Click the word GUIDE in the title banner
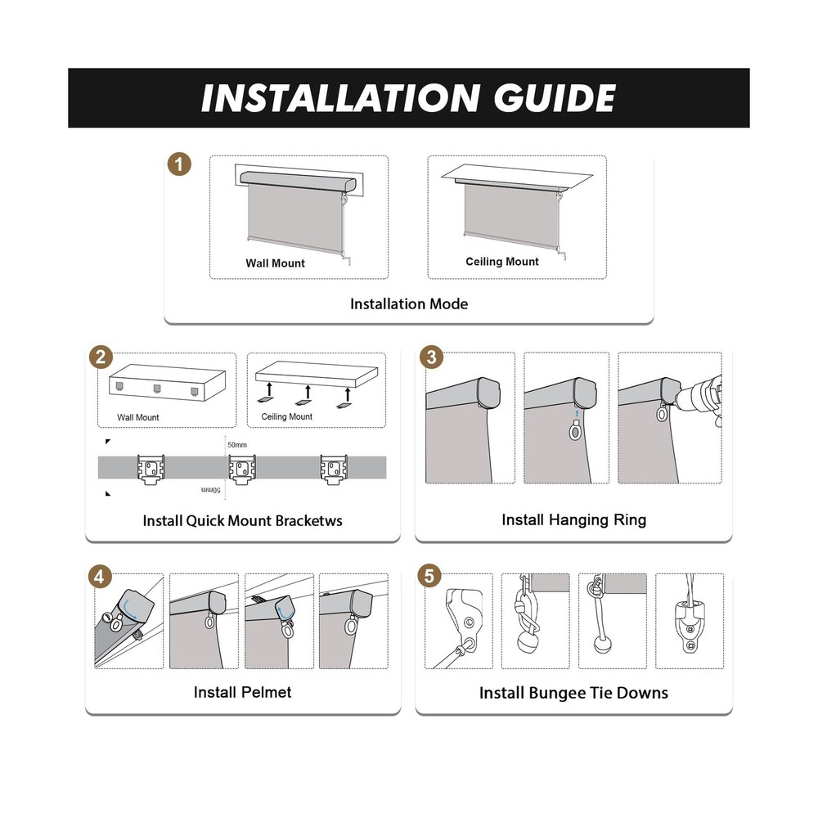[x=555, y=98]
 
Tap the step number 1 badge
[x=179, y=164]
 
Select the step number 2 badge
[x=101, y=357]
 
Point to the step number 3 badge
[x=431, y=357]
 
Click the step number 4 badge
[x=99, y=577]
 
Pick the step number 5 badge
[x=429, y=576]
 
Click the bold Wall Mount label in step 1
[x=275, y=263]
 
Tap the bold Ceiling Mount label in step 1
[x=502, y=262]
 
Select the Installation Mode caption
[x=409, y=303]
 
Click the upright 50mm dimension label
[x=237, y=445]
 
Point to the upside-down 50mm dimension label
[x=211, y=490]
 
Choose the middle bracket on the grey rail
[x=242, y=469]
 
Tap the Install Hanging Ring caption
[x=574, y=519]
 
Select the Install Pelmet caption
[x=242, y=692]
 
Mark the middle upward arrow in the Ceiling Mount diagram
[x=308, y=393]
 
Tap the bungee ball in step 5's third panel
[x=603, y=645]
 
